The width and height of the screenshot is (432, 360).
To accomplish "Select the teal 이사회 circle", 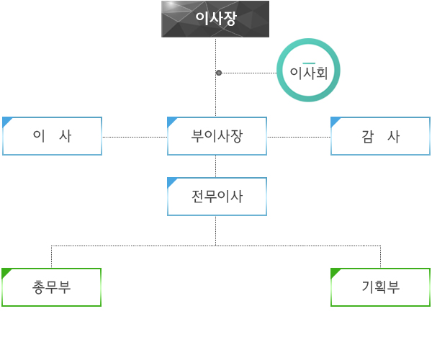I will click(x=308, y=71).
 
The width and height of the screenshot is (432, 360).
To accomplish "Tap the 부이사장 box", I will click(x=217, y=136).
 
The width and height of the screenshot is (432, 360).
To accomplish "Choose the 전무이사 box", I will click(x=217, y=197).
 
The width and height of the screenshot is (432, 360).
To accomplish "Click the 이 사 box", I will click(x=52, y=136).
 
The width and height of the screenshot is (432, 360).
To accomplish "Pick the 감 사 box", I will click(x=380, y=136).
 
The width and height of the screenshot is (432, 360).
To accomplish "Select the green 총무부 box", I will click(x=51, y=287).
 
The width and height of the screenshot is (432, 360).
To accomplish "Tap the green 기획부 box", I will click(x=380, y=287).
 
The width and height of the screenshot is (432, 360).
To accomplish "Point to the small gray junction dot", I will click(x=219, y=73).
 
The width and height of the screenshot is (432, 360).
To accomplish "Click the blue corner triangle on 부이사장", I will click(x=171, y=121).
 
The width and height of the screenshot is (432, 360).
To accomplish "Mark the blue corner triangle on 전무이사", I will click(x=171, y=181).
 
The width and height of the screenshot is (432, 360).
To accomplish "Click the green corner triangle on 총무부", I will click(x=6, y=272).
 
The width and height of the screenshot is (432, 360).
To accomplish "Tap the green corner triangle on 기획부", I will click(x=334, y=272).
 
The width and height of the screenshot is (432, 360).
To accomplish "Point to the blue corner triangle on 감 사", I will click(x=334, y=121).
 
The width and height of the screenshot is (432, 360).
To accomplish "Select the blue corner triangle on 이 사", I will click(x=6, y=121).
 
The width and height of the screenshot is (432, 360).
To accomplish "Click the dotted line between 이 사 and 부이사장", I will click(x=135, y=137).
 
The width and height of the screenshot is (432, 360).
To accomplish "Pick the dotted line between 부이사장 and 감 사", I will click(x=299, y=137).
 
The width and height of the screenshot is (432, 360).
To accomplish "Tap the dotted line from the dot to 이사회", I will click(x=248, y=73).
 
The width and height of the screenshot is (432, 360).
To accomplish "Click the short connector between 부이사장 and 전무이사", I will click(x=216, y=166).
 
